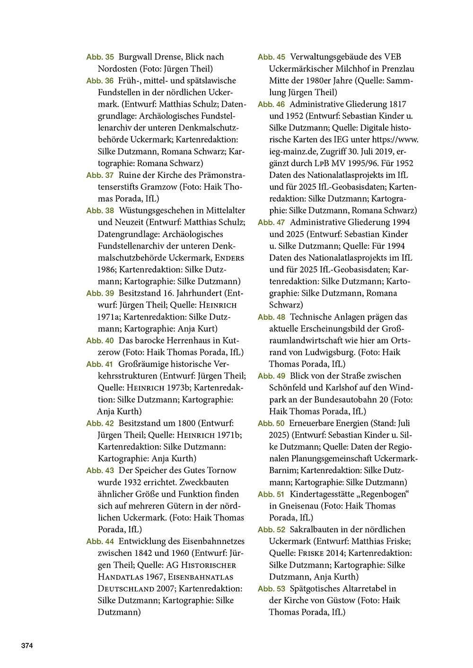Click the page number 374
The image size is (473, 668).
[x=27, y=645]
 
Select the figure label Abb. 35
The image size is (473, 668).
[x=100, y=57]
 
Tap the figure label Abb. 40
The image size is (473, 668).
[x=100, y=341]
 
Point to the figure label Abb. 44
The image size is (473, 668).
[x=100, y=541]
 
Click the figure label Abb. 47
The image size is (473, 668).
[x=272, y=222]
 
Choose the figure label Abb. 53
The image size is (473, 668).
[x=272, y=589]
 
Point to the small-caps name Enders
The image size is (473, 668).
[x=229, y=258]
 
